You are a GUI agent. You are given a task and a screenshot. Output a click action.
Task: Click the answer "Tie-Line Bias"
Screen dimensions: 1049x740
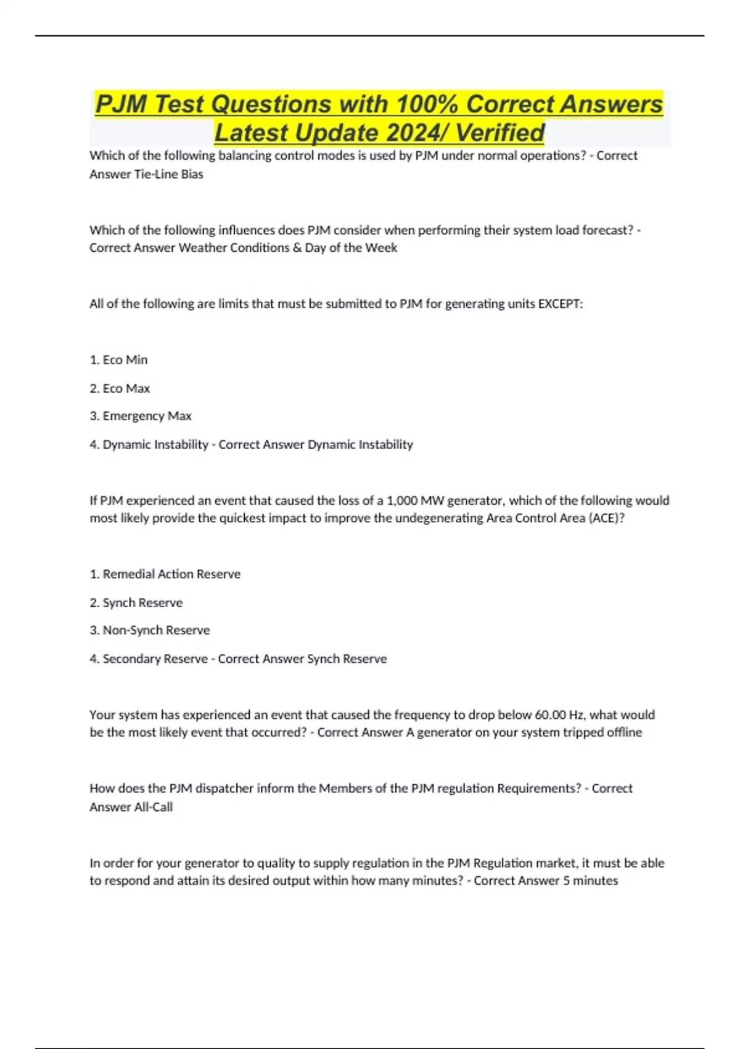tap(168, 174)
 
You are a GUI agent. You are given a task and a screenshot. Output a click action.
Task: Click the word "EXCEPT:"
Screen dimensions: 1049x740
tap(561, 304)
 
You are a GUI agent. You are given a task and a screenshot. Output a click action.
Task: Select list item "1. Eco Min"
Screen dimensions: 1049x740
tap(118, 360)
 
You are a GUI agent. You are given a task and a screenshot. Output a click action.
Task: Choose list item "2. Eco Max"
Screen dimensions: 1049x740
tap(120, 388)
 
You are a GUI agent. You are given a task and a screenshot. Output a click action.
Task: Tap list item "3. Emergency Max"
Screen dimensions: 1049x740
tap(141, 416)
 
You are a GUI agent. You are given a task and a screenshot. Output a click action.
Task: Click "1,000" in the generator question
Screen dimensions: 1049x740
tap(401, 500)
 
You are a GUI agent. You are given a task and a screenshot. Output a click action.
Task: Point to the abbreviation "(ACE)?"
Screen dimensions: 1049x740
tap(607, 518)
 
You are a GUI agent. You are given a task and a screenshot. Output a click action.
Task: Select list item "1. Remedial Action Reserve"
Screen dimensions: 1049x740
tap(165, 574)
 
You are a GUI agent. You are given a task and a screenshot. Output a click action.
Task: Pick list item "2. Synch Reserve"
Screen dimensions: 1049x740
tap(136, 602)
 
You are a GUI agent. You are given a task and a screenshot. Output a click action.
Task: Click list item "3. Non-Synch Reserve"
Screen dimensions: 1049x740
tap(150, 630)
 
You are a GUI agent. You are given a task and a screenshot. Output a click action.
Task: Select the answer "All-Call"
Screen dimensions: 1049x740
tap(154, 806)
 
